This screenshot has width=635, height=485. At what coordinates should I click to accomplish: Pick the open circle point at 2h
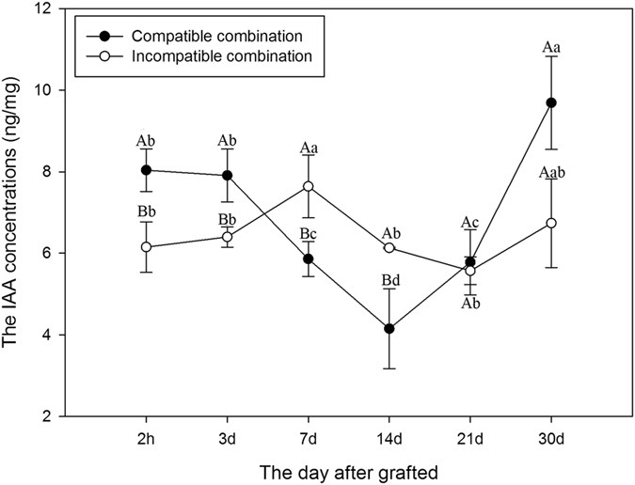tap(146, 247)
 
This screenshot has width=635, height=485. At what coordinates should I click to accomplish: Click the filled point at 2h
tap(146, 170)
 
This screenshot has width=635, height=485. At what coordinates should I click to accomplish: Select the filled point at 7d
tap(309, 258)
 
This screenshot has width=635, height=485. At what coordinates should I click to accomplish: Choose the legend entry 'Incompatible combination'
tap(201, 56)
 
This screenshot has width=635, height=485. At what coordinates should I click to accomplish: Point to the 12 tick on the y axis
tap(49, 9)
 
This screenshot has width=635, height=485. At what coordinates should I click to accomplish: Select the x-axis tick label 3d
tap(227, 439)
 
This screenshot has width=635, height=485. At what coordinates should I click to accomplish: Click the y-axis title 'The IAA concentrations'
tap(15, 213)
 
